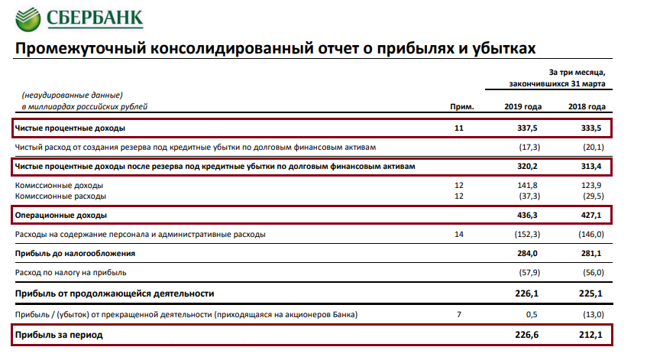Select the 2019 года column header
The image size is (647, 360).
coord(523,106)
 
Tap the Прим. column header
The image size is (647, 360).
coord(458,106)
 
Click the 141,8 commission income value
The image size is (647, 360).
coord(528,185)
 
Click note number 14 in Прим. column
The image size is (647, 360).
coord(458,234)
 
